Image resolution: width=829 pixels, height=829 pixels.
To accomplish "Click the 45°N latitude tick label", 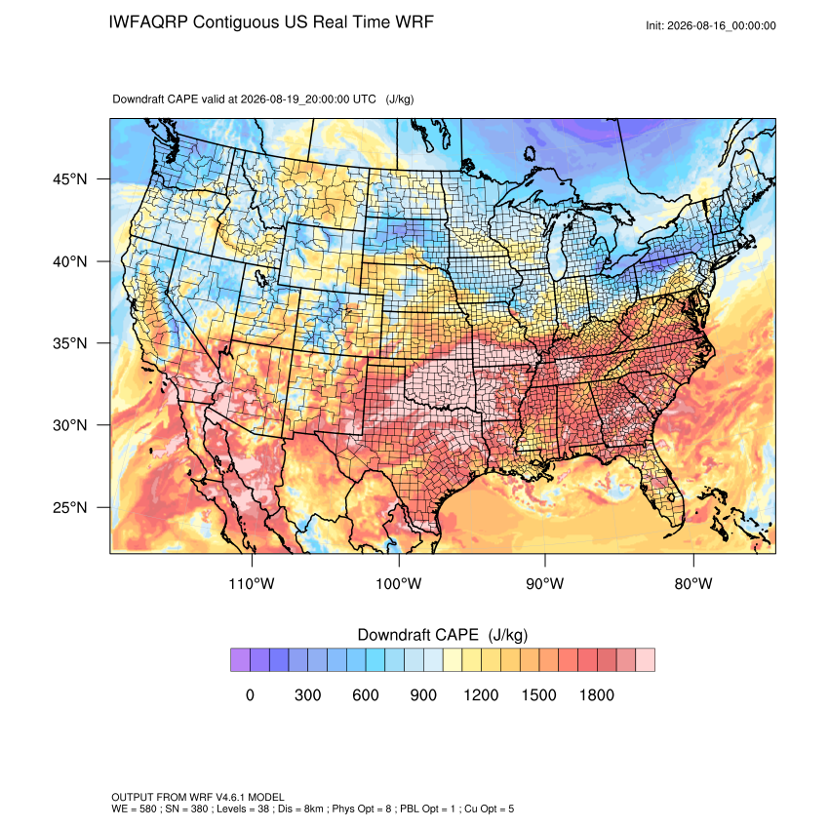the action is coord(70,179).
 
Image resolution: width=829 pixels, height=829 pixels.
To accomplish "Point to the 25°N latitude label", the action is coord(70,507).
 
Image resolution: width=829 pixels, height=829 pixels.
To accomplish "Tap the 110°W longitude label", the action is coord(252,583).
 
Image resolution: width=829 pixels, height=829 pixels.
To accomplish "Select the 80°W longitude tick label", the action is coord(693,583).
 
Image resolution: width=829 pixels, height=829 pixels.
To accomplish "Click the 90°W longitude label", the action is coord(544,583).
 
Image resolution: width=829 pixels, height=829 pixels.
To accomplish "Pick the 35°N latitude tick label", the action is coord(70,343).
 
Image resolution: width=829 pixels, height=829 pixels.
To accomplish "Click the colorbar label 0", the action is coord(250,694).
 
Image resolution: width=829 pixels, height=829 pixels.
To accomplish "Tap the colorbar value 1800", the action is coord(596,694).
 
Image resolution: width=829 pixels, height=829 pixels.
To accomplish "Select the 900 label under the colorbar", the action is coord(423,694).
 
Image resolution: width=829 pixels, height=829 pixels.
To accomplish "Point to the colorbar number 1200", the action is coord(481,694).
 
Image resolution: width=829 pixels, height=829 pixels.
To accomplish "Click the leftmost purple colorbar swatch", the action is coord(241,660).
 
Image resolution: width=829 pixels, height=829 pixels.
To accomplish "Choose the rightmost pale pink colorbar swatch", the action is coord(645,660).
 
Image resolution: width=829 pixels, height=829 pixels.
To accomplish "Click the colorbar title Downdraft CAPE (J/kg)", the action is coord(443,635).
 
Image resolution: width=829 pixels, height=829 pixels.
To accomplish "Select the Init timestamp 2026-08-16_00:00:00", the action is coord(722,26).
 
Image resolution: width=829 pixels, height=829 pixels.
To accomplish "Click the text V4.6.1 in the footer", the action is coord(230,797).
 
